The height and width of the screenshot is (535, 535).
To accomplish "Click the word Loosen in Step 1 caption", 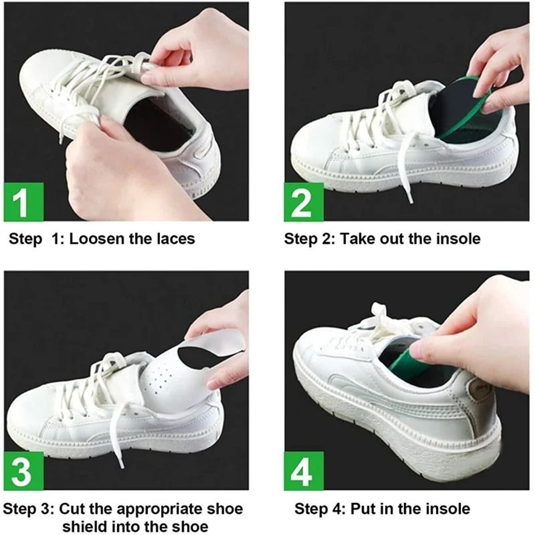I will pyautogui.click(x=97, y=239).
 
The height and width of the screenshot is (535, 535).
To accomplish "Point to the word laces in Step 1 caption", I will pyautogui.click(x=175, y=239).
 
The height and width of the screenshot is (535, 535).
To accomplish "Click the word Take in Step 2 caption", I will pyautogui.click(x=358, y=239).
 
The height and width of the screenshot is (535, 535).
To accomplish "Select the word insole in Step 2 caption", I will pyautogui.click(x=457, y=239).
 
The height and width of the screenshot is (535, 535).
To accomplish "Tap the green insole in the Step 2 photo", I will pyautogui.click(x=471, y=112).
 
